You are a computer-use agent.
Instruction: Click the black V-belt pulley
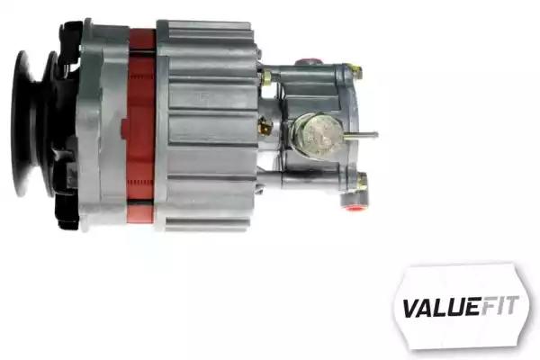(x=32, y=124)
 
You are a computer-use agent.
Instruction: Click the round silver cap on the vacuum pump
(x=319, y=135)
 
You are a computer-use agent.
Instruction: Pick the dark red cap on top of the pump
(x=307, y=61)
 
